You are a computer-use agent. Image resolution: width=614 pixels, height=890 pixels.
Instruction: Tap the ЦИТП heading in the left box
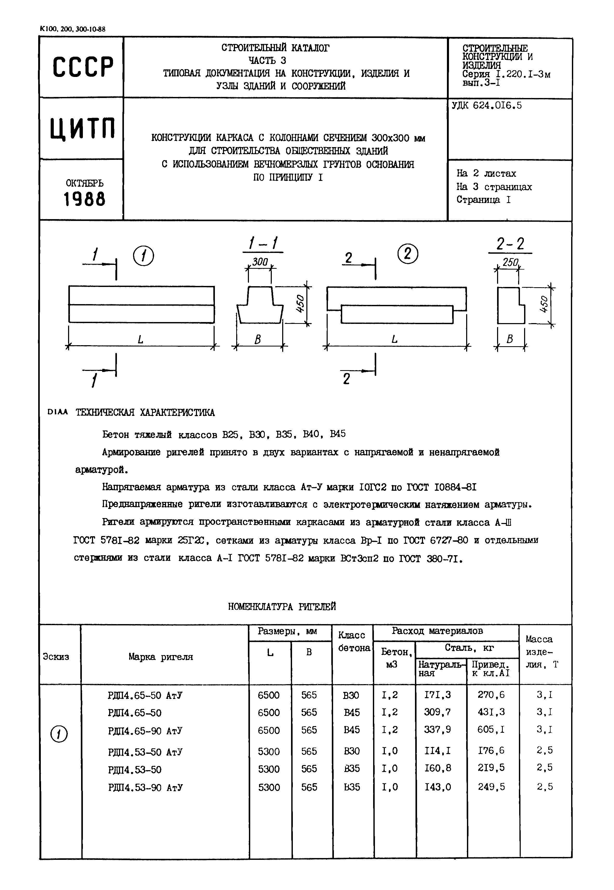point(82,128)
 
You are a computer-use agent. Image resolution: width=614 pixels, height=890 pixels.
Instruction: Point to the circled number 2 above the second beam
point(408,254)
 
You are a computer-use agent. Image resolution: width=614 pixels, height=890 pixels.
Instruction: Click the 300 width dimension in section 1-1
point(260,262)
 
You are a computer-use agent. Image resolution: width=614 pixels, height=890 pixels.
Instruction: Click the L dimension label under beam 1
point(141,340)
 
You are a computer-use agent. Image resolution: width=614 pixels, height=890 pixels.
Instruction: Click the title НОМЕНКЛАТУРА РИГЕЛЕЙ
point(282,607)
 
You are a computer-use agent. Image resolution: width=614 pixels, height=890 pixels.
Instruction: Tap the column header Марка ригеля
point(161,657)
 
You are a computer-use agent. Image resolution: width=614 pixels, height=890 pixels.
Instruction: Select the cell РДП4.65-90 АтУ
point(146,731)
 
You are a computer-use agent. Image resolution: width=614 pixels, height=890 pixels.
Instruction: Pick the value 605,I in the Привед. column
point(491,730)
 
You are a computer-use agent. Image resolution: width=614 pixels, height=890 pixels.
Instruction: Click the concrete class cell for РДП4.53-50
point(352,768)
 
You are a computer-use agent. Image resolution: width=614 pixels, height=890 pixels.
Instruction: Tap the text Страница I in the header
point(484,200)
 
